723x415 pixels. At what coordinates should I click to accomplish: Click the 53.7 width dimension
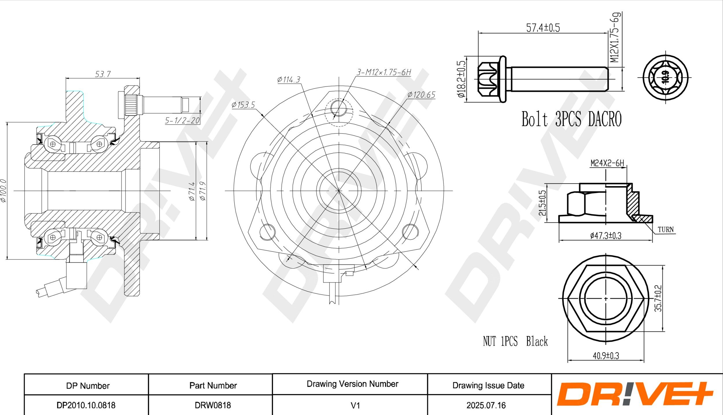[x=103, y=74]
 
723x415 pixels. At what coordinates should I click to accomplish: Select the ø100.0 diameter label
[x=3, y=191]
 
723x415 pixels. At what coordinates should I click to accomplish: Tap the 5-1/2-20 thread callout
[x=182, y=120]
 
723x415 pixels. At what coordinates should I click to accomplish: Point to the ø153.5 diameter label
[x=243, y=105]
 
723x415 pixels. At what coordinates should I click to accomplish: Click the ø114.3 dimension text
[x=289, y=79]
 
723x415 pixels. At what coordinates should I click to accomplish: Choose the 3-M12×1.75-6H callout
[x=384, y=72]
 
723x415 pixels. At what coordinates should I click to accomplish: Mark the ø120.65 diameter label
[x=421, y=95]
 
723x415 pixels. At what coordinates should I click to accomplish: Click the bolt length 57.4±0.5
[x=543, y=28]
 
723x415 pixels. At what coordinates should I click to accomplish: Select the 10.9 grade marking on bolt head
[x=665, y=77]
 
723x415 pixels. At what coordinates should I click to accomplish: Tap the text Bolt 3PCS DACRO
[x=571, y=119]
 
